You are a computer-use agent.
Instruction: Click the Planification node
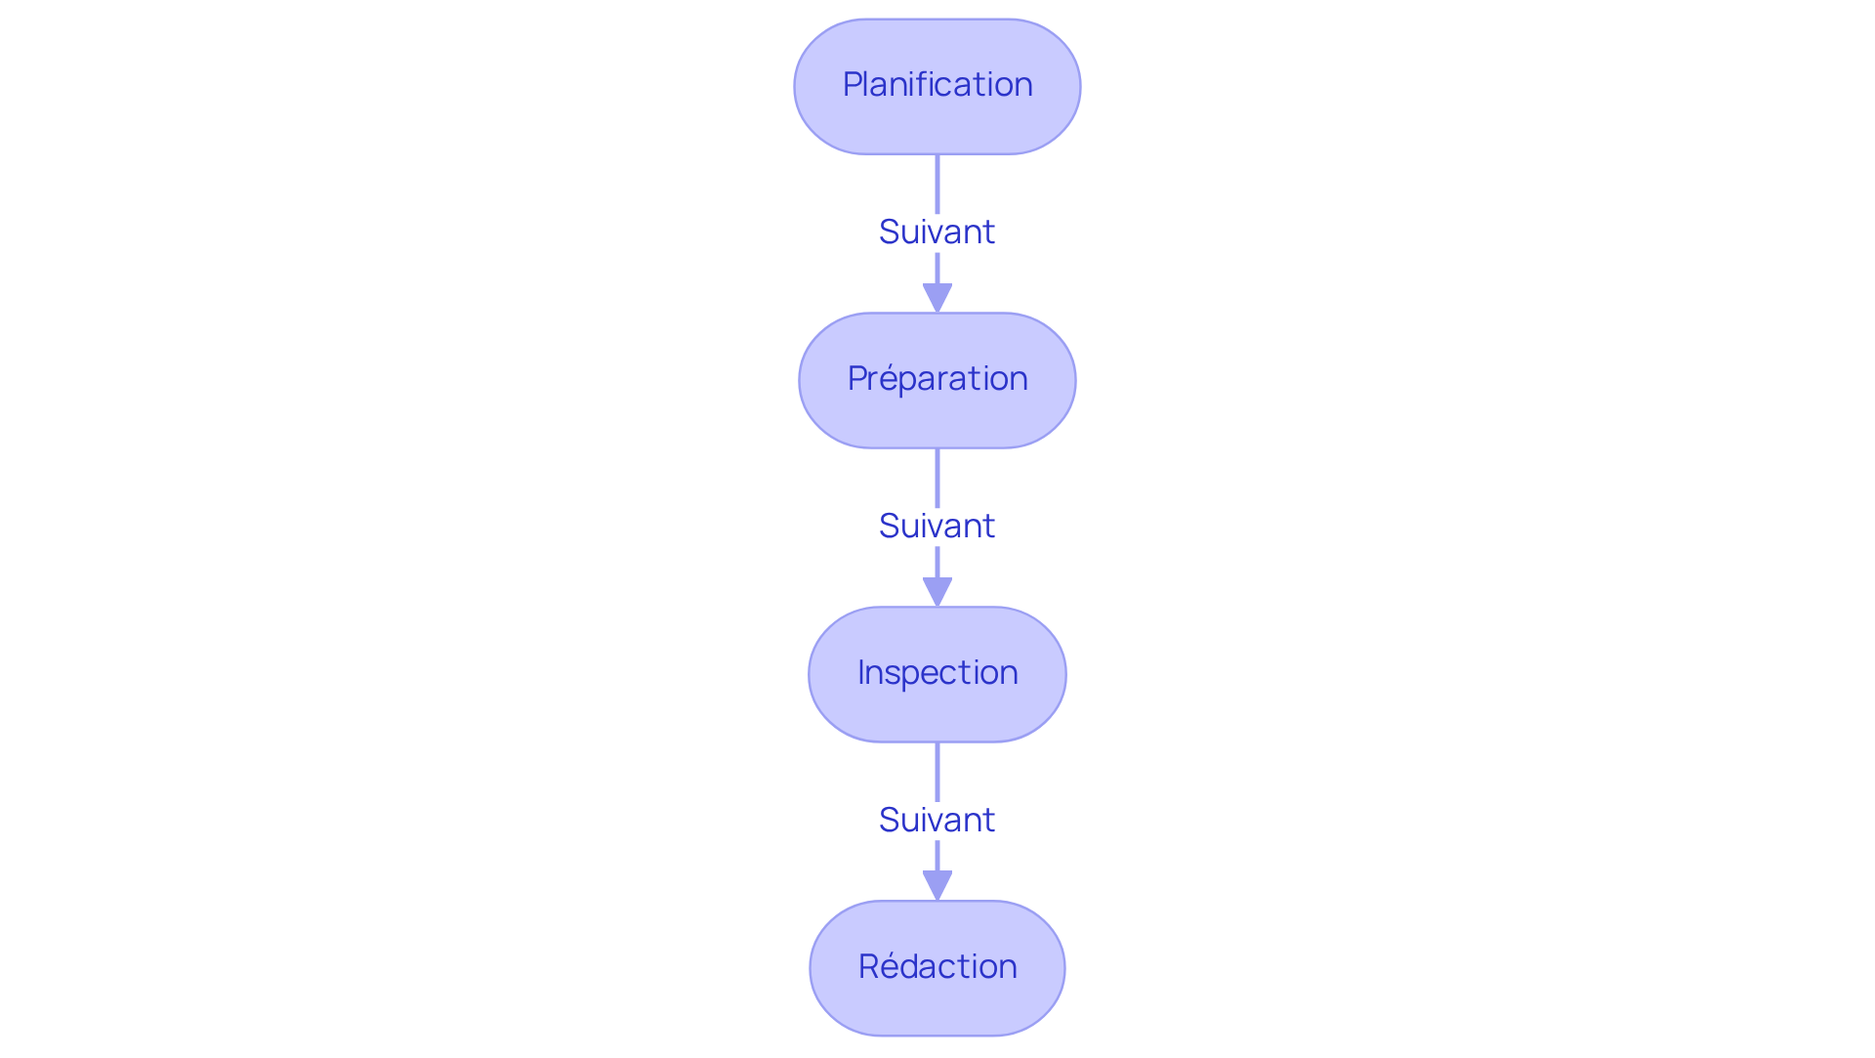[x=937, y=87]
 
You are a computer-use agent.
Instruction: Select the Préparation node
[x=937, y=380]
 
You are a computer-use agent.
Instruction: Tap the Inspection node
[x=937, y=674]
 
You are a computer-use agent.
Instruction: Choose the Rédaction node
[x=937, y=968]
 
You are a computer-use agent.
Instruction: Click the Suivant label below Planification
[x=937, y=233]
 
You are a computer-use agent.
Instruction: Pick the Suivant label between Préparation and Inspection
[x=937, y=527]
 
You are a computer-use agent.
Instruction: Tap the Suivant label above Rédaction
[x=937, y=821]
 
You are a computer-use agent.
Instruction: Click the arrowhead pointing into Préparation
[x=937, y=297]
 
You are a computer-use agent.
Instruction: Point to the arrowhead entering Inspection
[x=937, y=591]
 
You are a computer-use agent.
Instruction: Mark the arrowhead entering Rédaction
[x=937, y=885]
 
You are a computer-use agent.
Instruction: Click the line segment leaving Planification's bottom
[x=937, y=183]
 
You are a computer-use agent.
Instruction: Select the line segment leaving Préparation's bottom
[x=937, y=477]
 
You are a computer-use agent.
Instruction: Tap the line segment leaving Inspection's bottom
[x=937, y=771]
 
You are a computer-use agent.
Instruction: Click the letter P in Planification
[x=852, y=85]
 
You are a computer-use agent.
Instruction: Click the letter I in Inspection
[x=861, y=672]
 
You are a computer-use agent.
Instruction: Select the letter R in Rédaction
[x=868, y=966]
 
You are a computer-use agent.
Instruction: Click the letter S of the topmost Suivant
[x=889, y=233]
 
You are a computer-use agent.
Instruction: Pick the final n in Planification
[x=1023, y=87]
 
